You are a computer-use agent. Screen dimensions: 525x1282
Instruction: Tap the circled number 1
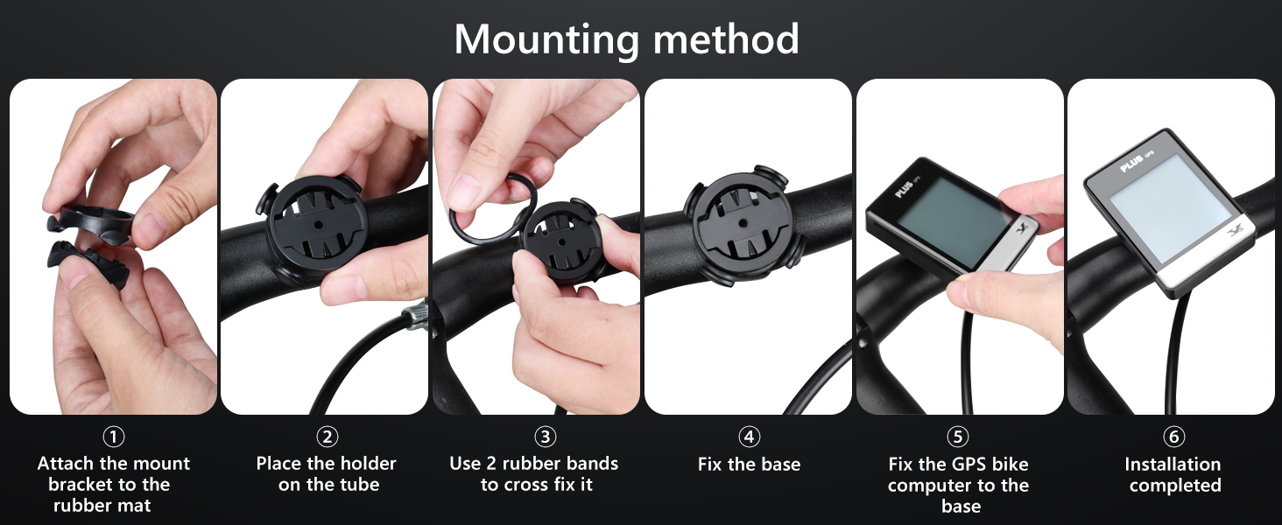click(113, 436)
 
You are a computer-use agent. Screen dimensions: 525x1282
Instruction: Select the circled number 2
click(327, 436)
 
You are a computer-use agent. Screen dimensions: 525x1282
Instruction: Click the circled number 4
click(749, 436)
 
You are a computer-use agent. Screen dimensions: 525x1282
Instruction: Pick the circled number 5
click(958, 436)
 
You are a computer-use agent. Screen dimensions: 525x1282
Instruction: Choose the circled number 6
click(1173, 436)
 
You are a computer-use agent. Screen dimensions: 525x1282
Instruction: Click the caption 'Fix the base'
click(749, 465)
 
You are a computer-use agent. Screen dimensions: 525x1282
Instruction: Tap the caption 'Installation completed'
click(1173, 474)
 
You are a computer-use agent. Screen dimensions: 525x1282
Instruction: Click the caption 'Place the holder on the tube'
click(327, 474)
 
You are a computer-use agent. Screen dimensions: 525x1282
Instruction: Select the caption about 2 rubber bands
click(534, 474)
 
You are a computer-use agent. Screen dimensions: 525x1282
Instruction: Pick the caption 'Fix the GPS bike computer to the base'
click(958, 485)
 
